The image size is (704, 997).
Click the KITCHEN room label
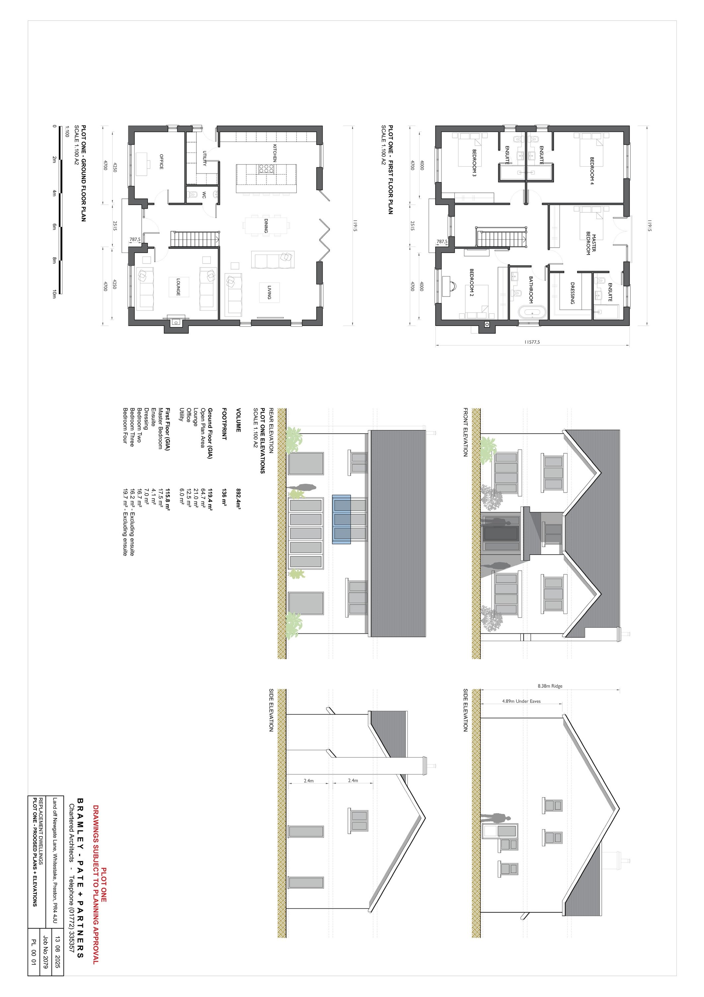point(274,153)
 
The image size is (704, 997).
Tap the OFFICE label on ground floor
point(161,162)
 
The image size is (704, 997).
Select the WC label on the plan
point(204,195)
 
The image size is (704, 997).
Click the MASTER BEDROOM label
point(591,245)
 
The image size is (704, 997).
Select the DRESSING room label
point(572,293)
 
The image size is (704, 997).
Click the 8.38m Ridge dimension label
point(550,686)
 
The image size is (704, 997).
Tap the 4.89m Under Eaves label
point(521,701)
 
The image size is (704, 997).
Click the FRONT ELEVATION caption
point(465,432)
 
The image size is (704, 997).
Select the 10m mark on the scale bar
point(54,294)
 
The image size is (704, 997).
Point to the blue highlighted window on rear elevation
point(341,519)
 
